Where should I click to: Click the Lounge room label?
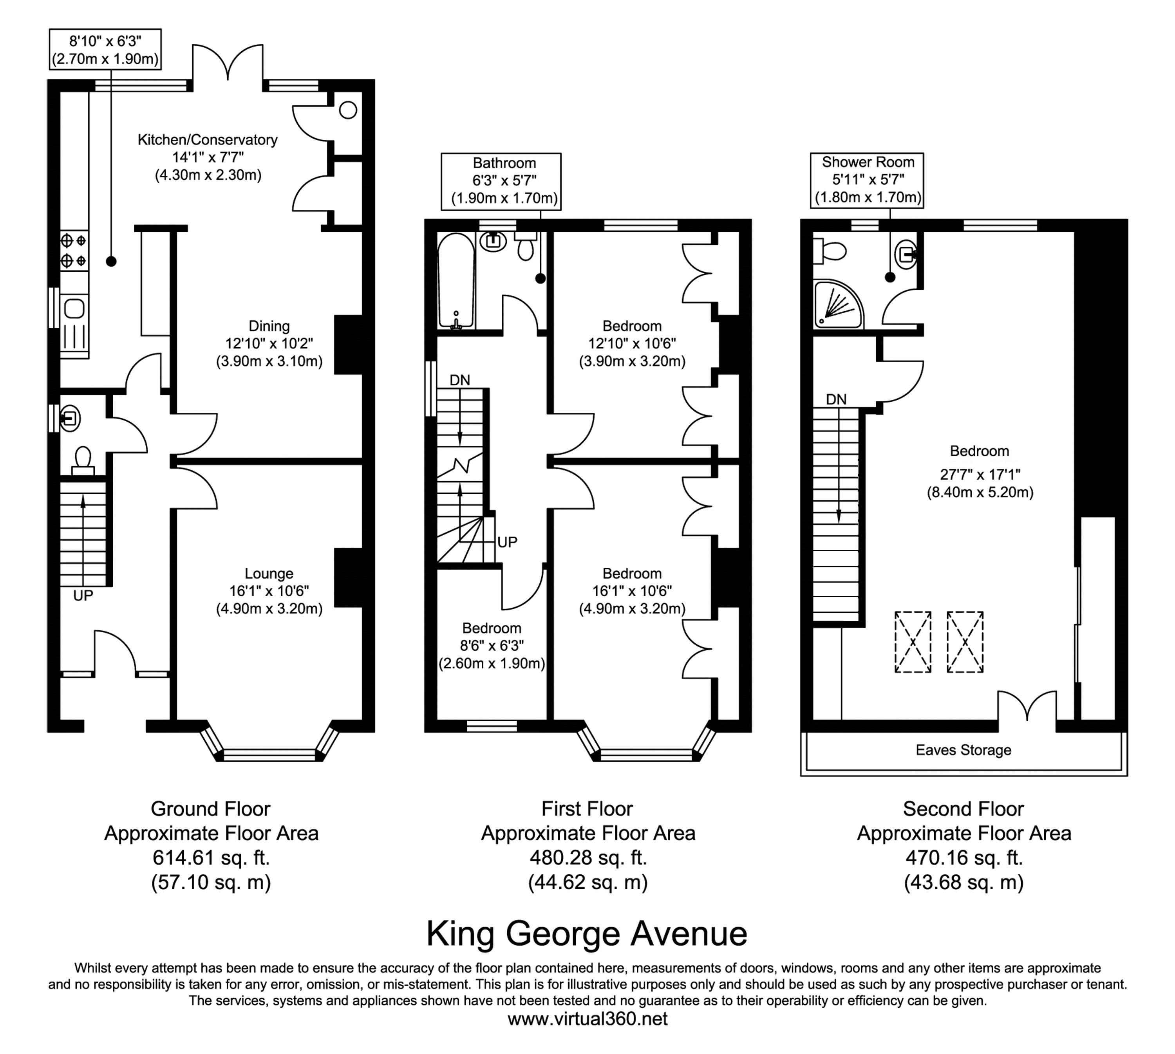point(269,573)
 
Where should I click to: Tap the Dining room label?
point(269,326)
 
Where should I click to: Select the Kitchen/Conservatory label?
point(208,139)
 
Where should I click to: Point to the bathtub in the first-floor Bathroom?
point(456,281)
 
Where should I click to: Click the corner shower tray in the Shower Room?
point(838,304)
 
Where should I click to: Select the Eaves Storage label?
point(963,750)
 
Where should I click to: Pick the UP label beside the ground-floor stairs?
point(83,596)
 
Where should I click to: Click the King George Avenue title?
point(587,933)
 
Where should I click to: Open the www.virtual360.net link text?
point(587,1019)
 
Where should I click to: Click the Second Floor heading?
point(963,809)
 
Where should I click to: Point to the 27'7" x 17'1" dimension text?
point(980,474)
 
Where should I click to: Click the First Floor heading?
point(587,809)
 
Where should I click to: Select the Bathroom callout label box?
point(501,180)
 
